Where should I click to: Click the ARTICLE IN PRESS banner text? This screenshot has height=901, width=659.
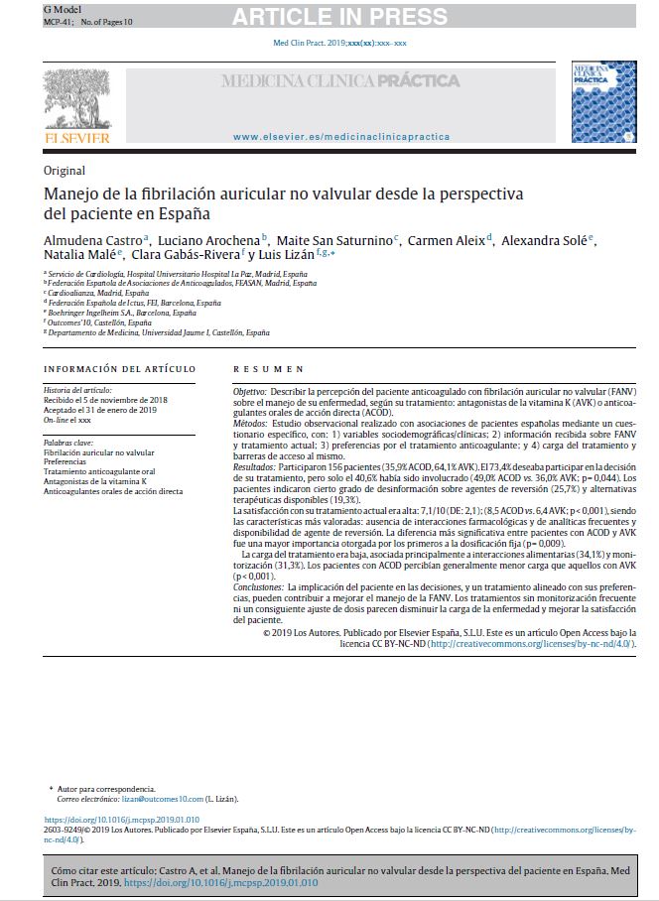click(x=339, y=16)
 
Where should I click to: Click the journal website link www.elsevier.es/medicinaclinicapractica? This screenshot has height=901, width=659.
click(x=340, y=136)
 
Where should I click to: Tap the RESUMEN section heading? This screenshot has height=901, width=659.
click(x=268, y=369)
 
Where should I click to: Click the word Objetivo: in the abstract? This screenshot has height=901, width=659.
click(x=250, y=393)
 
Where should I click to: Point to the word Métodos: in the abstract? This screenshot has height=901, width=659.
click(x=252, y=422)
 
